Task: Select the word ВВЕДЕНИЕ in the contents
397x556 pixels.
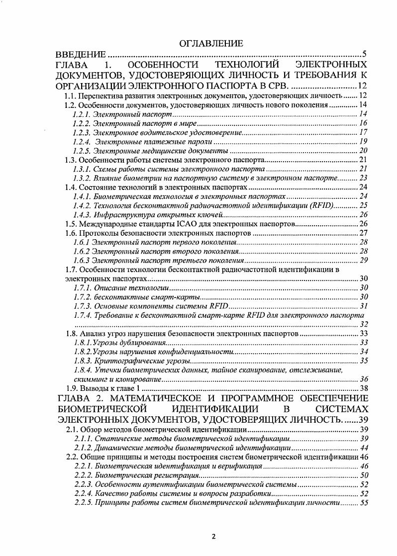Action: (x=80, y=54)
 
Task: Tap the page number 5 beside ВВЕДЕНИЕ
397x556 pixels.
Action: (x=364, y=54)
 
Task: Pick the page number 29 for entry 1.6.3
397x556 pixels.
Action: (x=363, y=260)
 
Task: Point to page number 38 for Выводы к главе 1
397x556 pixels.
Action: (x=363, y=388)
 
